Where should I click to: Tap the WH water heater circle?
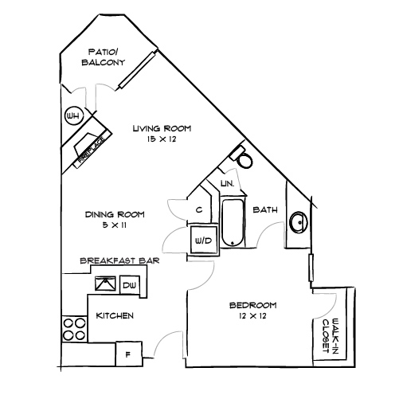click(x=73, y=116)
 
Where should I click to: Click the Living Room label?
click(x=162, y=128)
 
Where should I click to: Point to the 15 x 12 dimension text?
click(x=162, y=139)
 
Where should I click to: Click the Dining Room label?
click(x=115, y=213)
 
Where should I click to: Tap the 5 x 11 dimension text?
click(x=114, y=225)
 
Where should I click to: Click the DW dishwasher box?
click(x=131, y=284)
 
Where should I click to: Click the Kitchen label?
click(x=114, y=316)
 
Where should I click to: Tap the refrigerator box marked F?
click(x=127, y=352)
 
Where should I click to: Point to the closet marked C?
click(x=198, y=209)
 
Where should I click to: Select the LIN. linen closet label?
click(x=225, y=184)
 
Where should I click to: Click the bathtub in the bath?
click(x=233, y=223)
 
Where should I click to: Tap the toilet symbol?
click(x=244, y=159)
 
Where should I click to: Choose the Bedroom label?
click(x=252, y=305)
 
